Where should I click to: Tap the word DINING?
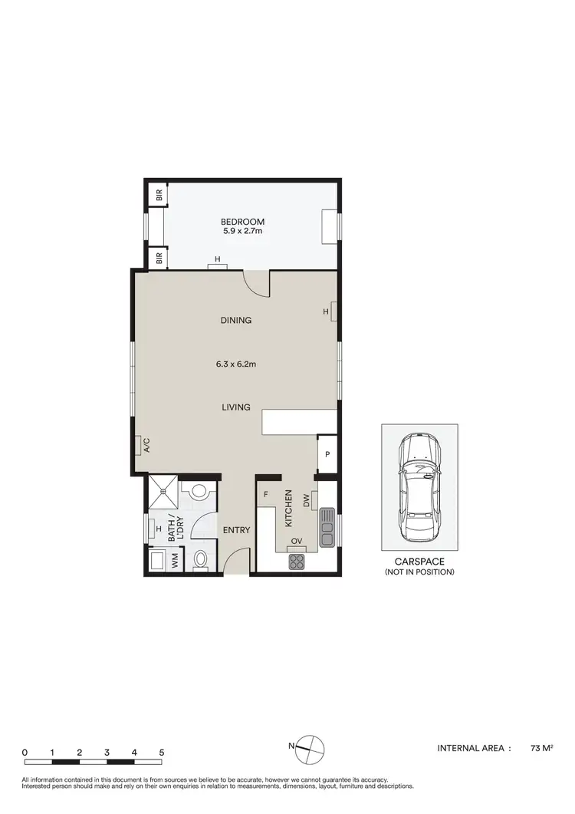236,321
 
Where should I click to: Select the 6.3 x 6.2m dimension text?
236,364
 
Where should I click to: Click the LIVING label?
236,407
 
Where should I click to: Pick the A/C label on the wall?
145,446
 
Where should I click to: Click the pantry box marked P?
327,454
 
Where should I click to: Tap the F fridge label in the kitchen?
266,496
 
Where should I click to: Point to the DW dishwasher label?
306,501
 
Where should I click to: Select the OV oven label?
297,542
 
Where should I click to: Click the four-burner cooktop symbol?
297,561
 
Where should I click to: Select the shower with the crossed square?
162,492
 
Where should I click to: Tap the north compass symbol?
310,746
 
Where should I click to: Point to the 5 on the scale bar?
162,753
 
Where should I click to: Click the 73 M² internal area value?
542,747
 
